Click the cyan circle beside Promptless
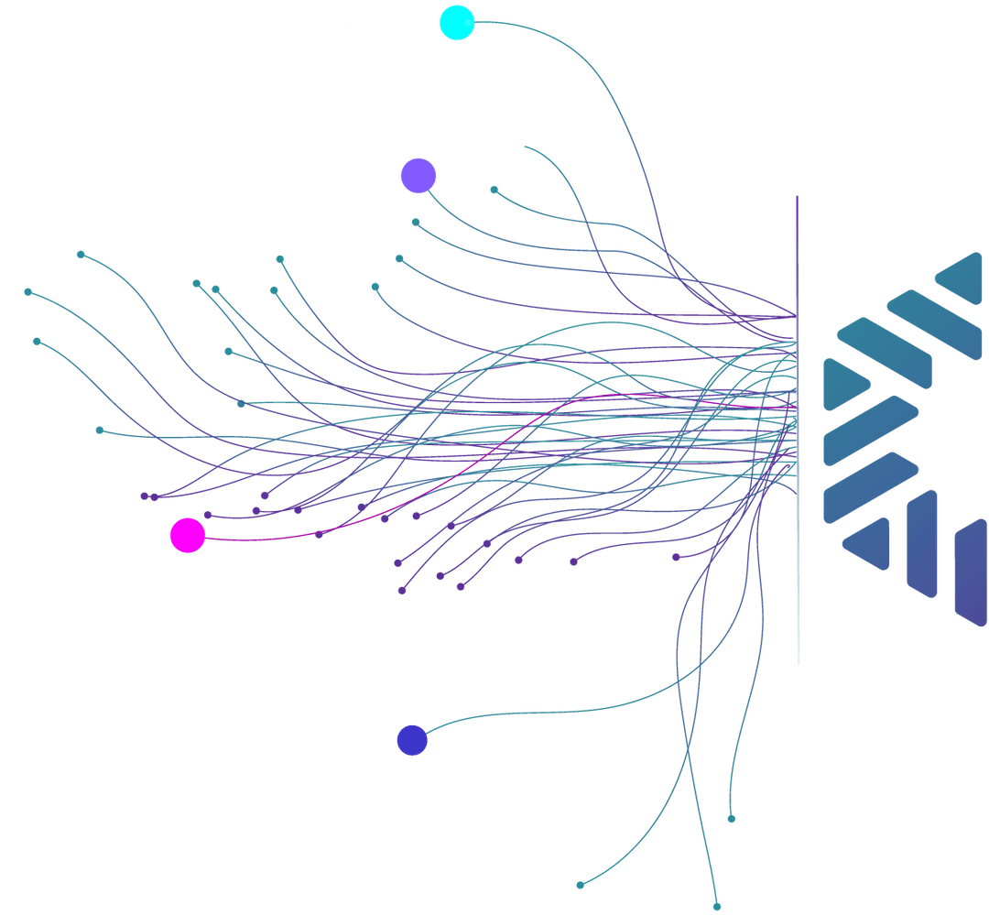[457, 23]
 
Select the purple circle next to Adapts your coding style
[418, 176]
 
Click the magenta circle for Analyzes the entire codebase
[188, 535]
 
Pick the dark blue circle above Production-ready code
[412, 740]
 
